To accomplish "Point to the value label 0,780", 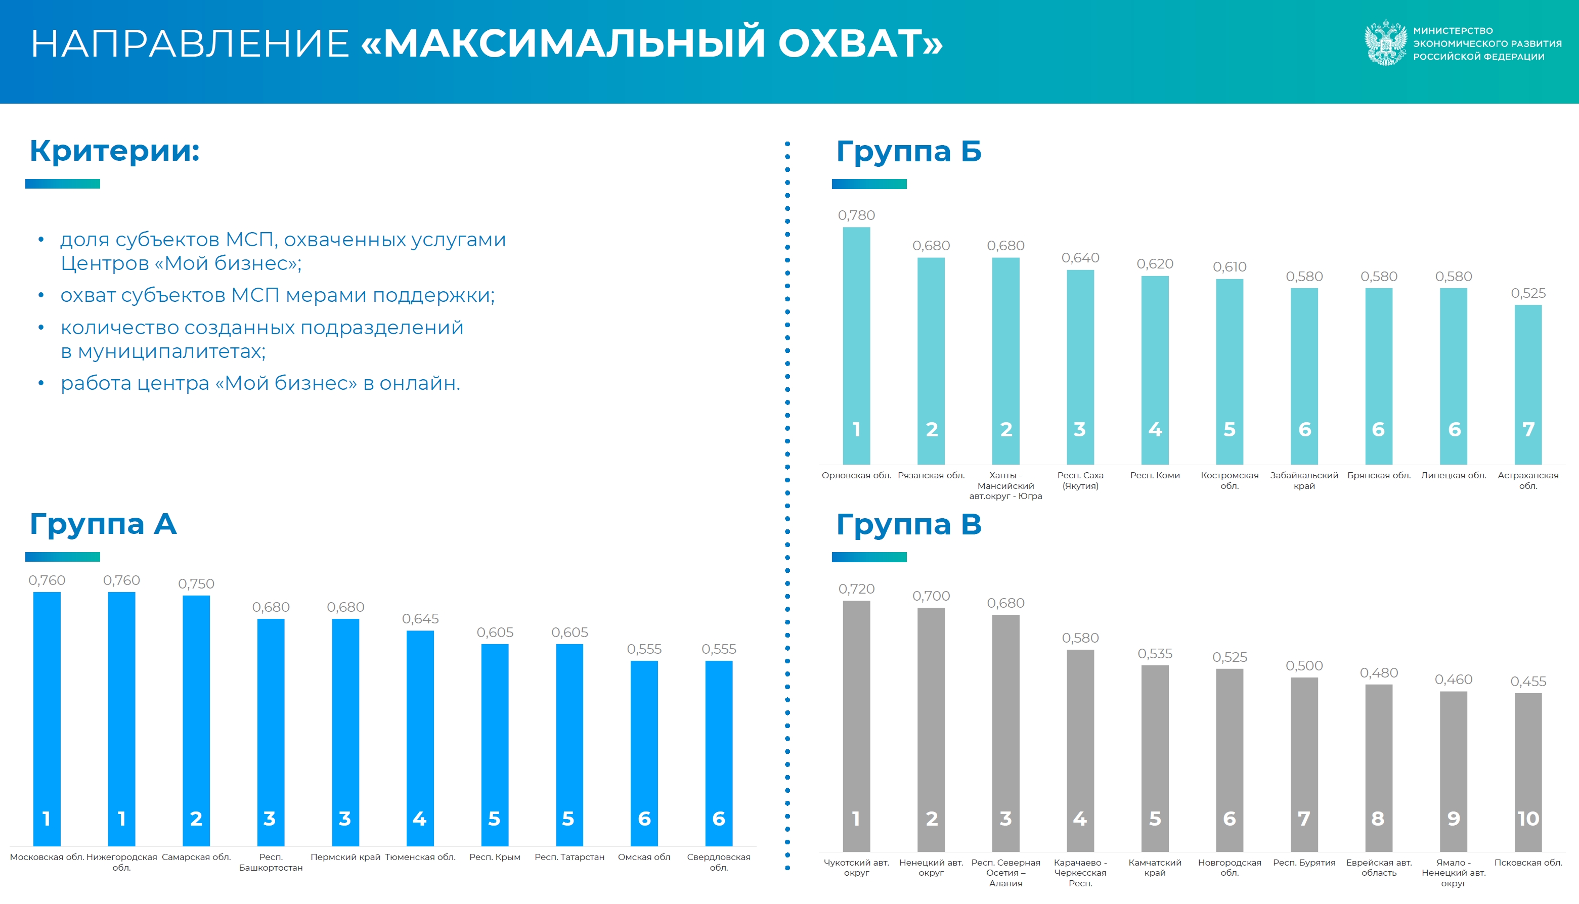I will (x=856, y=215).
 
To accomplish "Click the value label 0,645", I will (x=420, y=618).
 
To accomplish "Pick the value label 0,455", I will (x=1528, y=681).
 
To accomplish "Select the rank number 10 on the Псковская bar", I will (x=1528, y=819).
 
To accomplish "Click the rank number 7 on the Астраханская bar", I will (x=1528, y=429).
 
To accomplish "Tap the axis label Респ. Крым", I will (x=495, y=857).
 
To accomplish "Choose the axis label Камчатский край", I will (x=1155, y=868).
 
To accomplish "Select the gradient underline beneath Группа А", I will (x=63, y=557).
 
